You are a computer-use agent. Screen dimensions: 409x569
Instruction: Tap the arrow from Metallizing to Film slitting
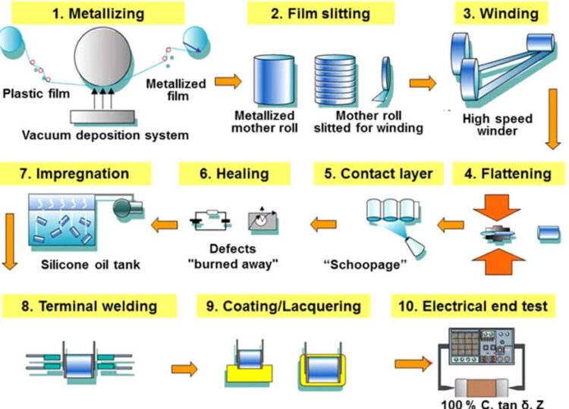tap(225, 80)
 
